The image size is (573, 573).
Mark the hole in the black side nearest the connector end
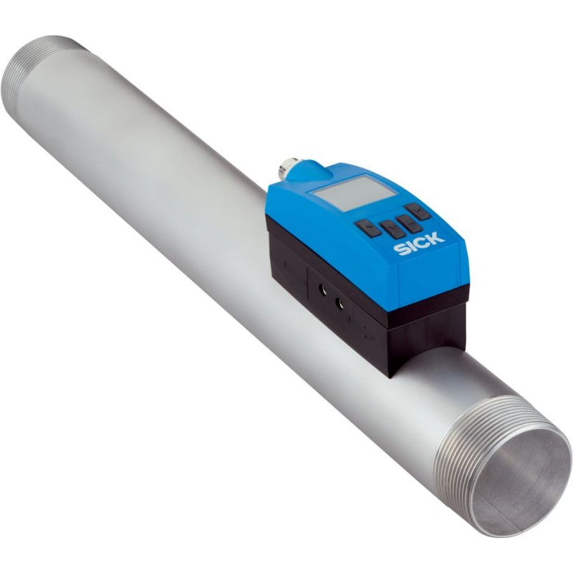click(x=319, y=291)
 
